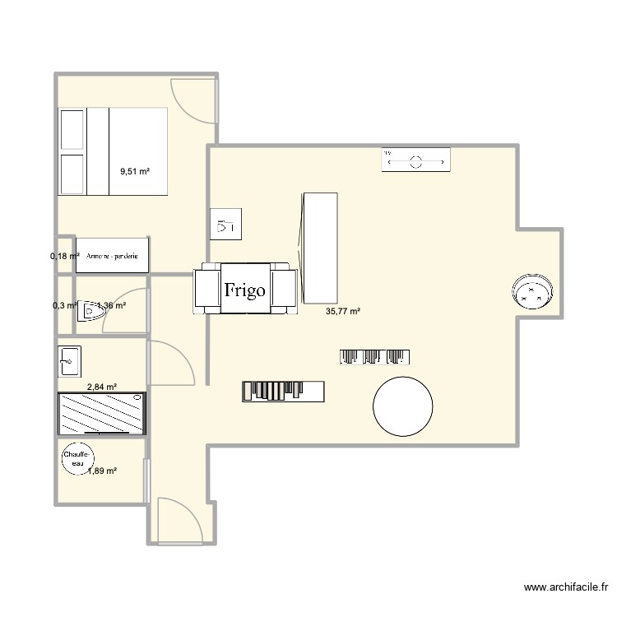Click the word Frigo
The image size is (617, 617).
245,290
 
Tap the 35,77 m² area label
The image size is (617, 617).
343,311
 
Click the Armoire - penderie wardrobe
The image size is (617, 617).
112,254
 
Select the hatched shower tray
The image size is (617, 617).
102,413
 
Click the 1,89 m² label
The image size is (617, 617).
102,471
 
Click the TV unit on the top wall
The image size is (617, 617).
415,160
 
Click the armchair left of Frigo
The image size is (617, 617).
206,290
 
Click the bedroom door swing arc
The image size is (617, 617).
191,102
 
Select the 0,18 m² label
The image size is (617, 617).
64,256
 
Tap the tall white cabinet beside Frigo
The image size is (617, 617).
320,248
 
